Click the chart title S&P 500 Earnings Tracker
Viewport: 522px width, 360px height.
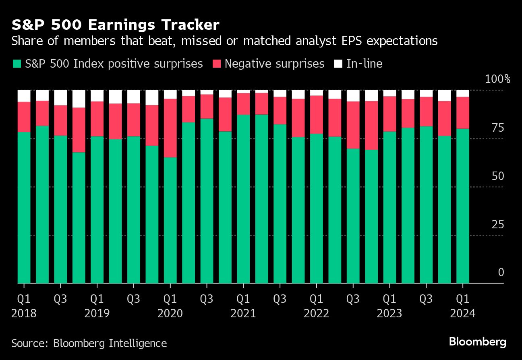click(115, 25)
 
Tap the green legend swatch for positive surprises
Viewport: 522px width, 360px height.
click(17, 64)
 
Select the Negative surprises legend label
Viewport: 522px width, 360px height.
click(274, 64)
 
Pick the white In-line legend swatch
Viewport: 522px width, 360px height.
click(338, 64)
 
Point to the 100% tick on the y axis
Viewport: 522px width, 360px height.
click(497, 79)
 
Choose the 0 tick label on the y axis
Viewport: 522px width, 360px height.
click(501, 273)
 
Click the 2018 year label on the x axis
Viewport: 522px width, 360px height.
click(24, 313)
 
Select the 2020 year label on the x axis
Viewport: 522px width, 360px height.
click(170, 313)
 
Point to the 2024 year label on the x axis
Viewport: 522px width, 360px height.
click(463, 313)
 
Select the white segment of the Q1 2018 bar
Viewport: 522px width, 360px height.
click(24, 96)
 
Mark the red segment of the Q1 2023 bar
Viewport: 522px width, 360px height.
click(389, 114)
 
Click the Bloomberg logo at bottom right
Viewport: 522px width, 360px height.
click(477, 342)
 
